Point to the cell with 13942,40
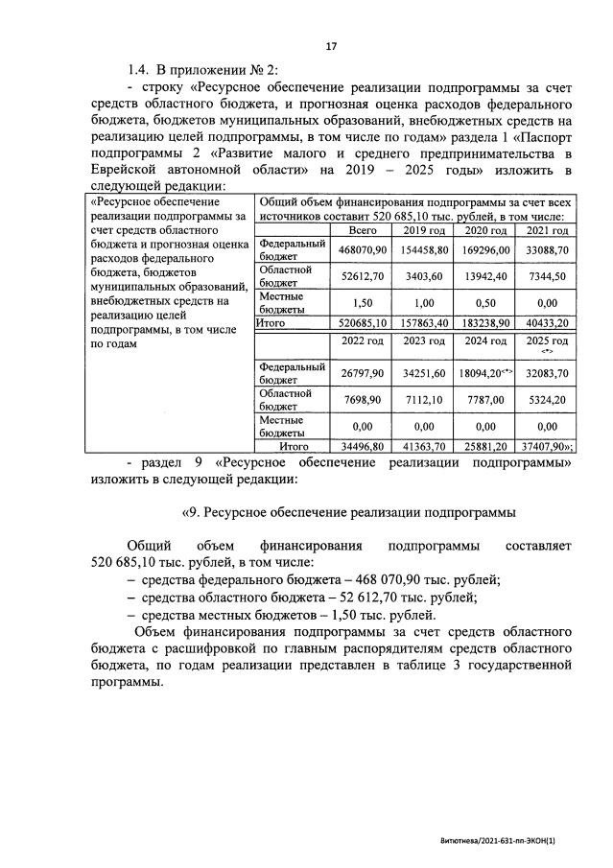pyautogui.click(x=486, y=276)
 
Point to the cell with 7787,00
pyautogui.click(x=486, y=398)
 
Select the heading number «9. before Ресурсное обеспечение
pyautogui.click(x=188, y=509)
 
